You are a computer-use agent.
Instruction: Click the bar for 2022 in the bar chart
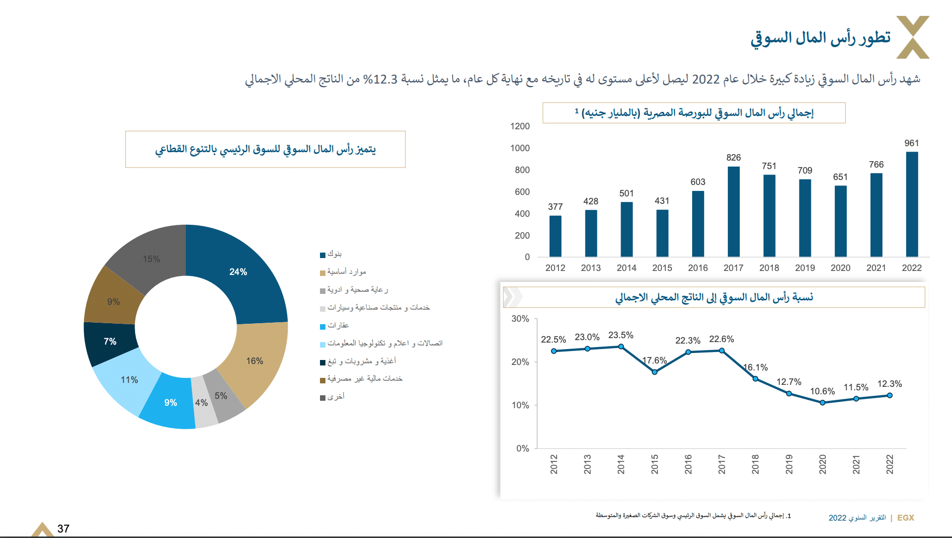point(912,204)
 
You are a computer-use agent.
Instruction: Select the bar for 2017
point(733,212)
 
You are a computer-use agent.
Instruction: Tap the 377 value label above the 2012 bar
point(555,207)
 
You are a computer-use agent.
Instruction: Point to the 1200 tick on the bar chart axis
point(520,126)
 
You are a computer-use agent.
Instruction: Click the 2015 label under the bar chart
point(662,268)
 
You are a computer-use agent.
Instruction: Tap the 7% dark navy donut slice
point(110,342)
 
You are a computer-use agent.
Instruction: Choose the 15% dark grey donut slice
point(151,259)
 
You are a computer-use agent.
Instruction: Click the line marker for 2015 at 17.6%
point(654,372)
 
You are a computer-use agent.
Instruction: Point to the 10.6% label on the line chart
point(822,391)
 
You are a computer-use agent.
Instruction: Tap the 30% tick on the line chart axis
point(520,319)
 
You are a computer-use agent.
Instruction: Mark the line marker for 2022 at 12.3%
point(889,395)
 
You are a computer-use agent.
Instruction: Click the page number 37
point(63,529)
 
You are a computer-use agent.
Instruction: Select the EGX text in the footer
point(905,518)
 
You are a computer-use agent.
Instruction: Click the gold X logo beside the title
point(913,37)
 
